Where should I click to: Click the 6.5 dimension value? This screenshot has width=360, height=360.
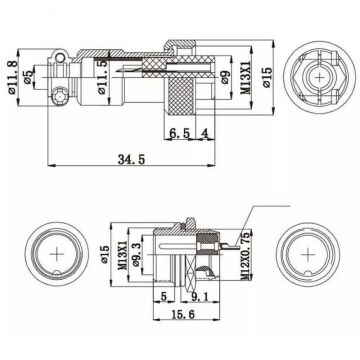(x=181, y=133)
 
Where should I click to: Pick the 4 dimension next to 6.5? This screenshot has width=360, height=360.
(x=204, y=133)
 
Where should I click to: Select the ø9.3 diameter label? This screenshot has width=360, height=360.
(x=138, y=252)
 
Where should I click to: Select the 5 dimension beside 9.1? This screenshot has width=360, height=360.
(x=163, y=296)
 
